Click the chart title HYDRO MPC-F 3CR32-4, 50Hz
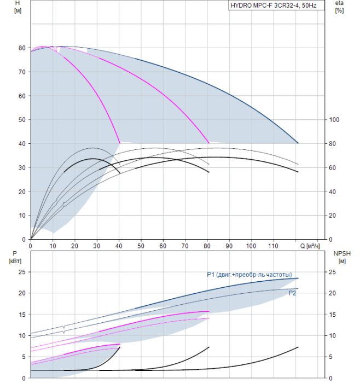pos(274,5)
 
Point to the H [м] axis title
pos(18,7)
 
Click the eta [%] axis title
pos(339,7)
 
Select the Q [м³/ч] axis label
pos(310,246)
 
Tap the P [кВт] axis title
pos(15,258)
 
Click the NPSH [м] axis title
pos(342,258)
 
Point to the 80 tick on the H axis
pos(22,48)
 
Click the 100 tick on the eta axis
pos(334,120)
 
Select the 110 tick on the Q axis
pos(273,246)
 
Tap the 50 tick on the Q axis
pos(141,246)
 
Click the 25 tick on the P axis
pos(22,272)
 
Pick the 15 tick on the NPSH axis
pos(332,315)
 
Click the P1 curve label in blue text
pos(249,275)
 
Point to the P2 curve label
pos(292,293)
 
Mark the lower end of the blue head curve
pos(298,143)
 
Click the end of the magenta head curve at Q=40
pos(120,143)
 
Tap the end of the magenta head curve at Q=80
pos(209,143)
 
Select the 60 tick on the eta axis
pos(332,168)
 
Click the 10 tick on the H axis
pos(22,216)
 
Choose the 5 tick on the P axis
pos(24,357)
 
